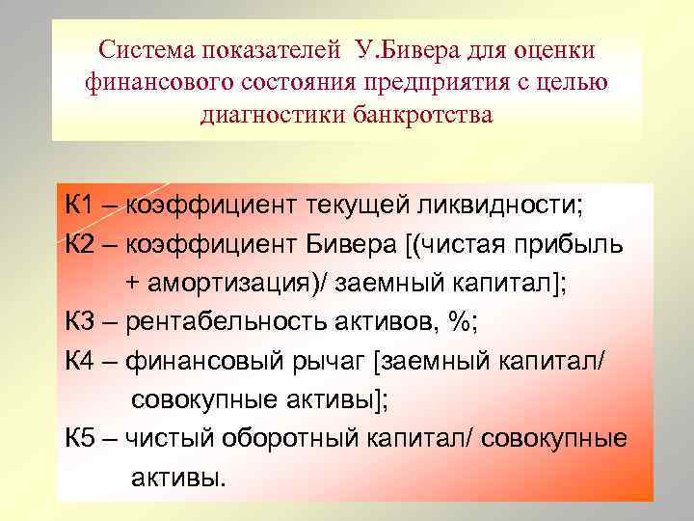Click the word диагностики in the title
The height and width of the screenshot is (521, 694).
tap(261, 116)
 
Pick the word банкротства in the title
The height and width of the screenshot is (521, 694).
tap(419, 116)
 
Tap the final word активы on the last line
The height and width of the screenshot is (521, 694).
tap(176, 479)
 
